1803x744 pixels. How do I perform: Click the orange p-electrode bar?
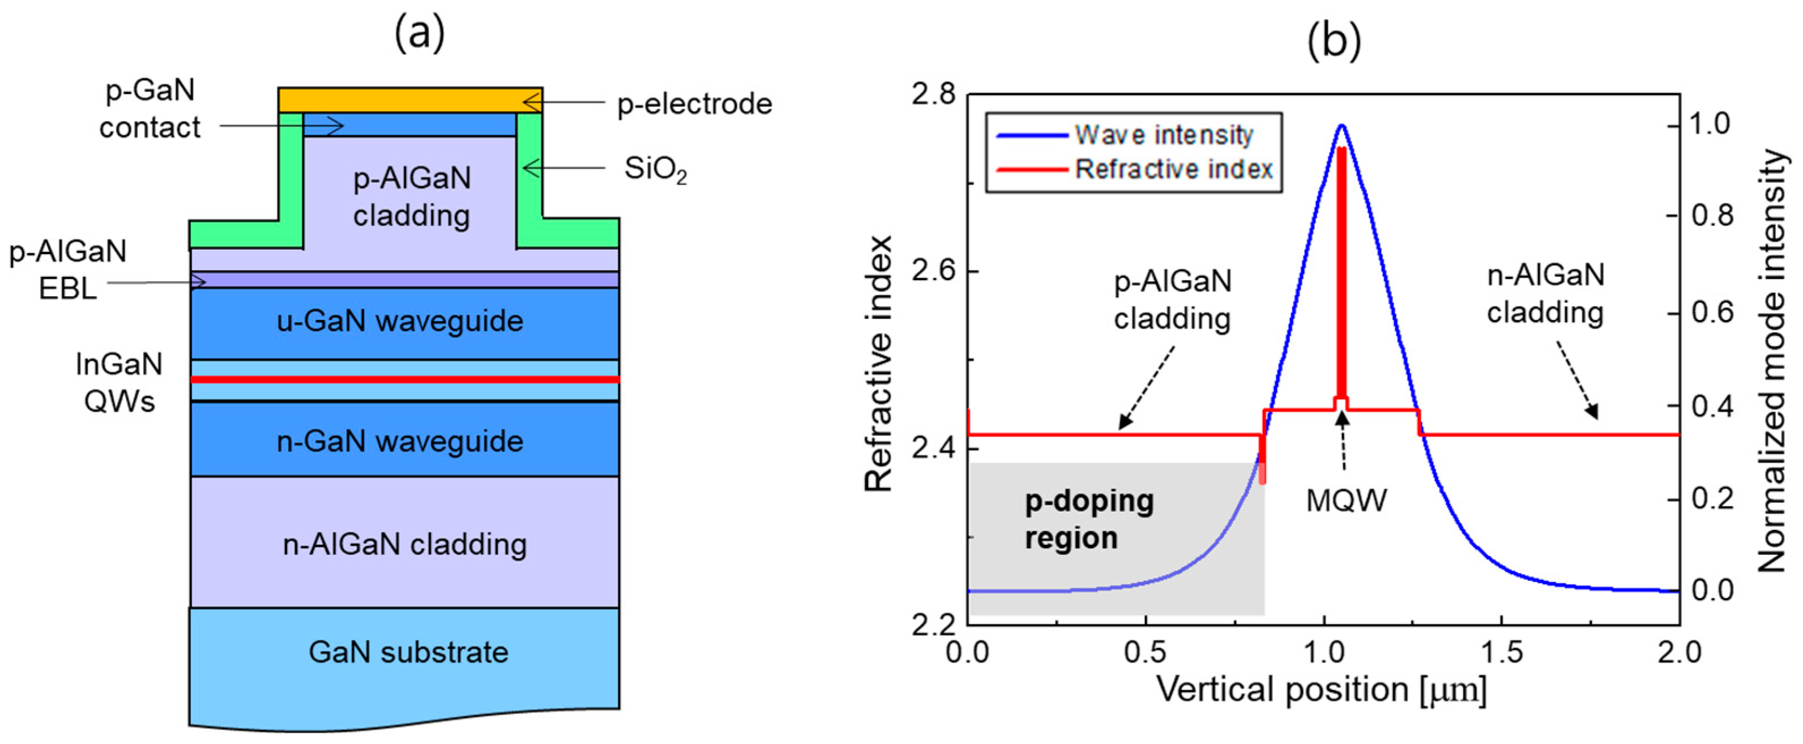pyautogui.click(x=409, y=100)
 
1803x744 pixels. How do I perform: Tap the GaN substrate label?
pyautogui.click(x=409, y=652)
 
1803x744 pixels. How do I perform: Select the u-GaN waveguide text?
pyautogui.click(x=400, y=321)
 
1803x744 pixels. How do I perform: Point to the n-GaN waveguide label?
pyautogui.click(x=400, y=442)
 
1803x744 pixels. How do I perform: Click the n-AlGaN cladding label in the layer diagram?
pyautogui.click(x=404, y=545)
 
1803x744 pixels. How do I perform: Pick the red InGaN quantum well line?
pyautogui.click(x=404, y=379)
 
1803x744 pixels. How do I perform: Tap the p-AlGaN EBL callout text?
pyautogui.click(x=68, y=270)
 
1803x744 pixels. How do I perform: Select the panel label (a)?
pyautogui.click(x=419, y=33)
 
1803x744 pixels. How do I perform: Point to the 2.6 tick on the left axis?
pyautogui.click(x=934, y=272)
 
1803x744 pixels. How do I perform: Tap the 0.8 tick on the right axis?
pyautogui.click(x=1712, y=216)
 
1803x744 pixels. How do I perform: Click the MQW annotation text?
pyautogui.click(x=1346, y=501)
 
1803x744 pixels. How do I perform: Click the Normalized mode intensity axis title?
pyautogui.click(x=1772, y=361)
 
